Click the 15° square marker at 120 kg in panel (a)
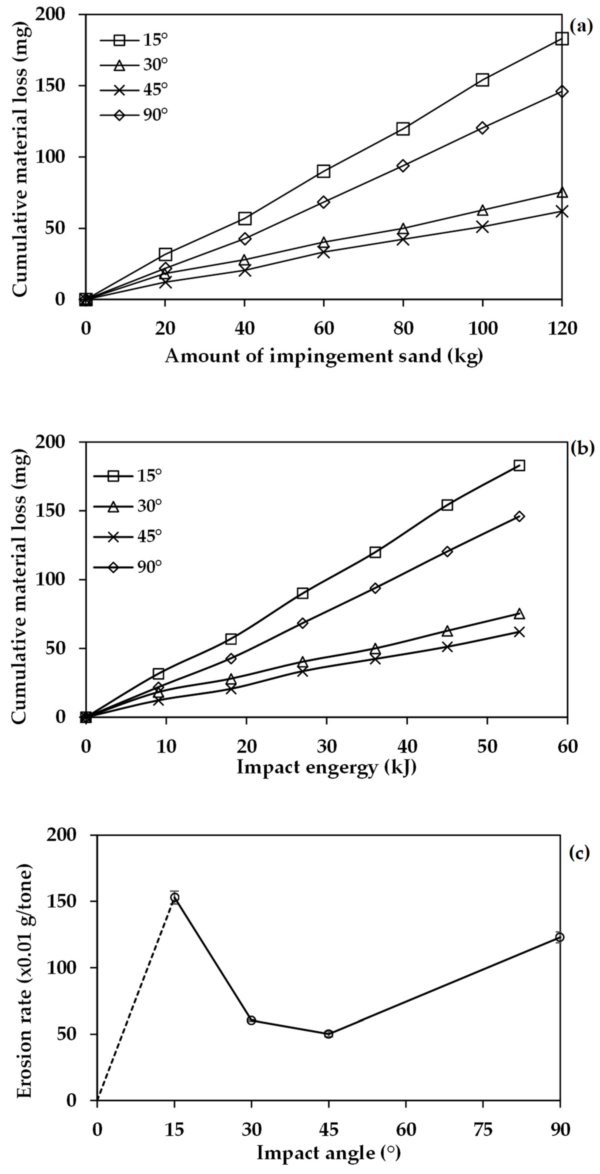562,38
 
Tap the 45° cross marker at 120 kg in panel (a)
562,212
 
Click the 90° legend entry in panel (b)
128,567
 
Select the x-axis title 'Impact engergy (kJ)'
326,767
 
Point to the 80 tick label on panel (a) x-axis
403,328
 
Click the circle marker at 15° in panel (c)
175,897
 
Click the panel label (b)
582,449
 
